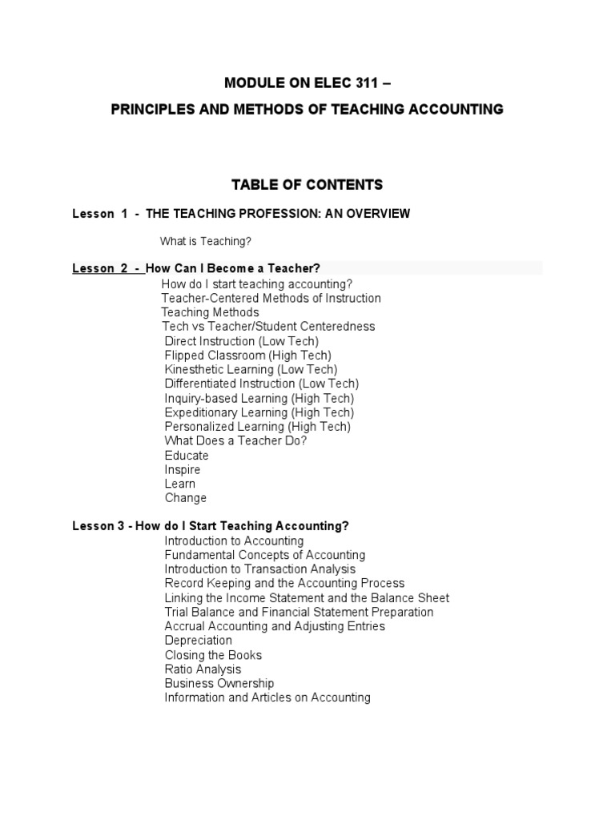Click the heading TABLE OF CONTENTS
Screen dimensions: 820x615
pos(307,185)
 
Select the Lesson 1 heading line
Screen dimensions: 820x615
pos(241,213)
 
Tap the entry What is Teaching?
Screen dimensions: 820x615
pos(207,241)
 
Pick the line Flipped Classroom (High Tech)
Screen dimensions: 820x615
pos(247,355)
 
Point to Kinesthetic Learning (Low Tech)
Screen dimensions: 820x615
pos(251,369)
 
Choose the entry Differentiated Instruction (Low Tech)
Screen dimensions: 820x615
pos(261,384)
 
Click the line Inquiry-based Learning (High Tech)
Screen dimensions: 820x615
pos(259,398)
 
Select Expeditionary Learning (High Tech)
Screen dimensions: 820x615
pos(259,412)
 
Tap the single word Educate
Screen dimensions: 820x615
pos(187,456)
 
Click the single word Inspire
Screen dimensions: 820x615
pos(183,469)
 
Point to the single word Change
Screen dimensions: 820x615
pos(186,498)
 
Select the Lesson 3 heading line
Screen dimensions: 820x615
pos(211,526)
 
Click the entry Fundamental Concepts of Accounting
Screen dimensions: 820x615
pos(264,555)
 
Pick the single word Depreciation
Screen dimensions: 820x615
pos(198,641)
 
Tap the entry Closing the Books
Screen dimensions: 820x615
pos(213,655)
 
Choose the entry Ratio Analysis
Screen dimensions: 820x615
pos(203,669)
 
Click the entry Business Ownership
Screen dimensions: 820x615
pos(219,683)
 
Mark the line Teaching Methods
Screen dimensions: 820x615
pos(210,312)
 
